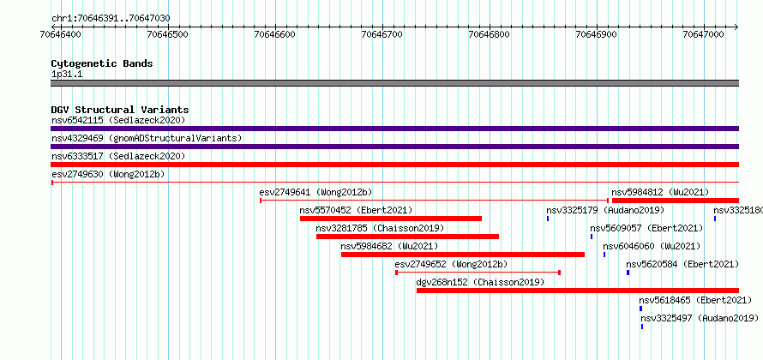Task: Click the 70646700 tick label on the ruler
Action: click(x=382, y=34)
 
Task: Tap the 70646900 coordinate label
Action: click(x=597, y=34)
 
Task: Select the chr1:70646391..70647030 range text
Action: click(x=111, y=19)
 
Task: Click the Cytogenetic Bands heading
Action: click(x=102, y=63)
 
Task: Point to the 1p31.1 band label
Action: click(x=67, y=74)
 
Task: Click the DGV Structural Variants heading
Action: click(x=120, y=110)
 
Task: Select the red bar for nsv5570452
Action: click(x=391, y=219)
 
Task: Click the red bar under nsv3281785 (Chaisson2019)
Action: click(x=407, y=237)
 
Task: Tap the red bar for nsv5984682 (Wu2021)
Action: click(x=463, y=255)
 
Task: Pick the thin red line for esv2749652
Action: click(x=478, y=273)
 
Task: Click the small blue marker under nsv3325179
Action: click(x=548, y=219)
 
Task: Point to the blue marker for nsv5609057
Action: click(x=592, y=237)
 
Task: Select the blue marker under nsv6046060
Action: click(x=604, y=255)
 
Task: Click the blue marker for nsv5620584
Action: click(x=628, y=273)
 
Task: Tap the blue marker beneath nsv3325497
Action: click(x=642, y=327)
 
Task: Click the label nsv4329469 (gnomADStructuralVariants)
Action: click(x=147, y=138)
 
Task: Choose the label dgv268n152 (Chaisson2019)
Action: click(x=480, y=282)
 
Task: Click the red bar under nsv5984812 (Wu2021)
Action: click(x=676, y=201)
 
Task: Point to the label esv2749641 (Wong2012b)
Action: click(x=315, y=192)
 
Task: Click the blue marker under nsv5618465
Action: click(x=641, y=309)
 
